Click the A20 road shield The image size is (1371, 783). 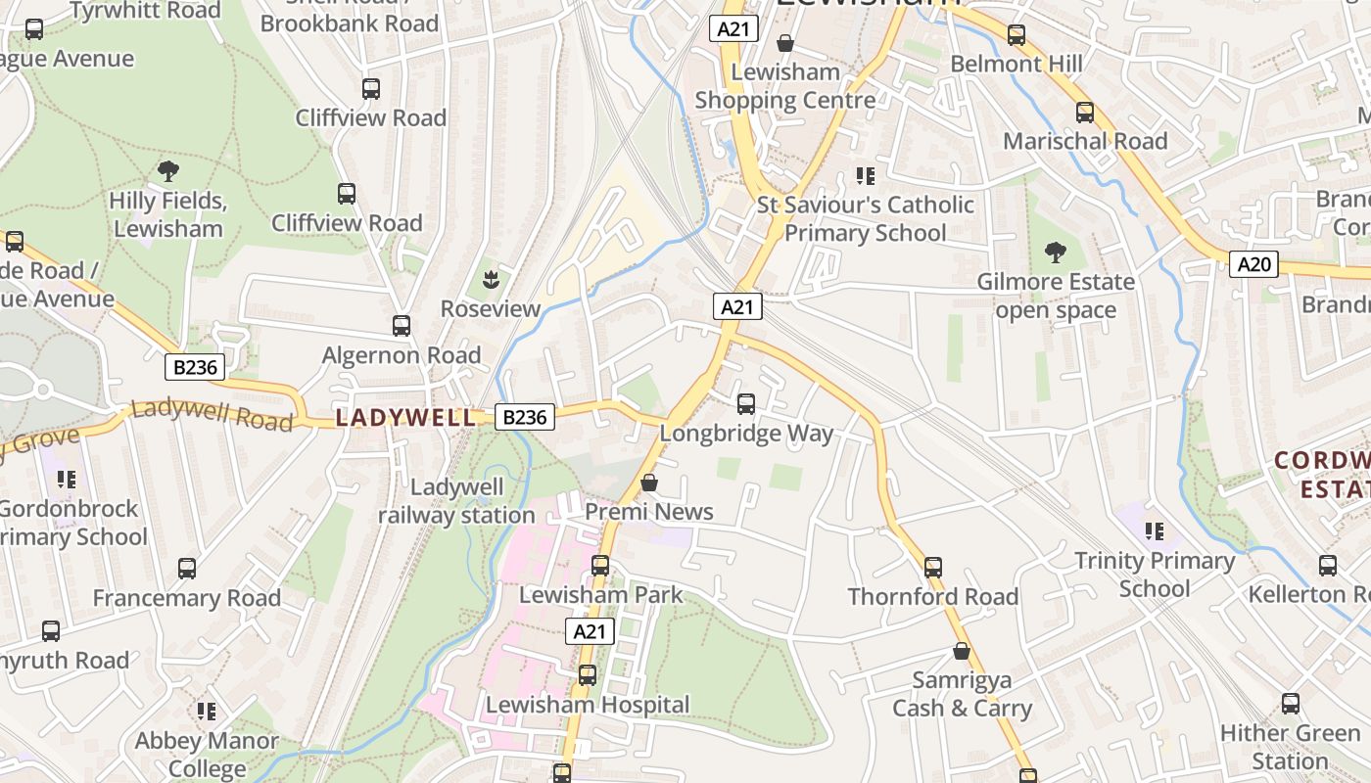click(1253, 263)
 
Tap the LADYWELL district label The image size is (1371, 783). click(406, 418)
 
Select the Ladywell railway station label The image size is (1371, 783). click(456, 501)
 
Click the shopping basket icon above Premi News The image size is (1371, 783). click(648, 483)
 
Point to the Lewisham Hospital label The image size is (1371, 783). click(588, 705)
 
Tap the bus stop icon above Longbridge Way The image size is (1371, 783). click(746, 403)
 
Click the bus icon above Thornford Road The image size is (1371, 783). click(933, 567)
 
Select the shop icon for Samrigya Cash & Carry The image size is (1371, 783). click(962, 651)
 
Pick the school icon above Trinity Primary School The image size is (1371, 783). click(1155, 531)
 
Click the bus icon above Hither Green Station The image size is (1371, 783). click(1291, 703)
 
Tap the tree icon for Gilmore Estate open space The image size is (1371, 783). click(1055, 253)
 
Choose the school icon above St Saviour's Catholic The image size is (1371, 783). click(865, 176)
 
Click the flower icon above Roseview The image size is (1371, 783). click(490, 281)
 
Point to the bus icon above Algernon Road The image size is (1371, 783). click(402, 326)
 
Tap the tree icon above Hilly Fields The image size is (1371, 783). click(167, 172)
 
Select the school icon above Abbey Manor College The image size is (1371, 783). click(206, 712)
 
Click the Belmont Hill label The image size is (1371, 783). click(1016, 65)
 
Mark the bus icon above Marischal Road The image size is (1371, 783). click(1084, 112)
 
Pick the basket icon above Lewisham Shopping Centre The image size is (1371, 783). click(784, 43)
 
